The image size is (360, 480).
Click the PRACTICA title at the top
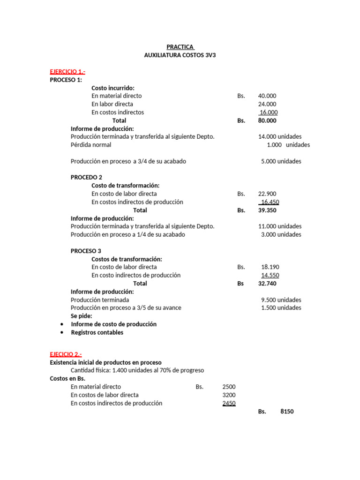(x=180, y=47)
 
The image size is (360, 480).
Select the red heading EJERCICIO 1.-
(x=67, y=72)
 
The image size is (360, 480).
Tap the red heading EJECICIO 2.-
(x=66, y=354)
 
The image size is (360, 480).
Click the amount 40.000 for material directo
(x=267, y=96)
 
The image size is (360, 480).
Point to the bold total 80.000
(x=267, y=120)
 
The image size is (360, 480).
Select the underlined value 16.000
(x=268, y=112)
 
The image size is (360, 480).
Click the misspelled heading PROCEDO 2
(x=86, y=178)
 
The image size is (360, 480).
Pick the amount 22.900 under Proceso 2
(x=267, y=194)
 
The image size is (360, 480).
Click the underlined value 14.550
(x=270, y=276)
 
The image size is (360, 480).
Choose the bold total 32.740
(x=268, y=284)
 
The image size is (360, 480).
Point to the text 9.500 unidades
(x=281, y=300)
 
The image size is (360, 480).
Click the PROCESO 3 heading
(x=86, y=251)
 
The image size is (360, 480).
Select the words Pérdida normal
(x=91, y=145)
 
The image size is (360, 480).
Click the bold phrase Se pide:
(x=82, y=316)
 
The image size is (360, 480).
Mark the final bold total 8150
(x=287, y=412)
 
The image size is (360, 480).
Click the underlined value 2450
(x=229, y=403)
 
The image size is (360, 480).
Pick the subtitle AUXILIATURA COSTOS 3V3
(x=180, y=55)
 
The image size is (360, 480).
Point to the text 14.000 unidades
(x=280, y=137)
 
